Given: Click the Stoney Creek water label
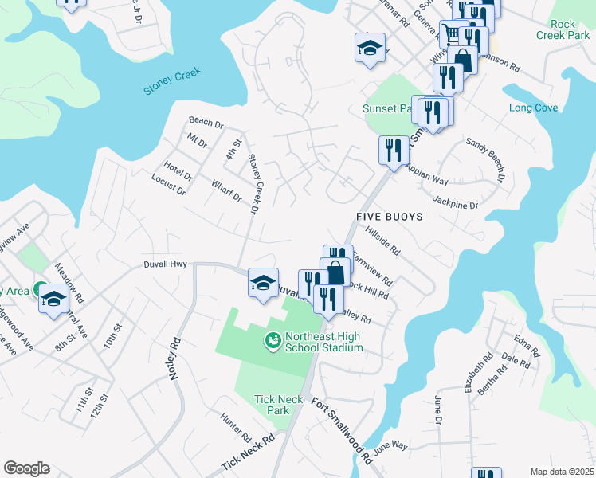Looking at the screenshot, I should click(173, 81).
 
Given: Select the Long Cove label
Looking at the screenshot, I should click(533, 108).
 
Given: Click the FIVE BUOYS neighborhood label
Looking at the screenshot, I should click(394, 216).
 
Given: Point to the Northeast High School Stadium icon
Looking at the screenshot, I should click(273, 341).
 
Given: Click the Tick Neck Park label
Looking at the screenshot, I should click(272, 405).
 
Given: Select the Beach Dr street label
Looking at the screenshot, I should click(206, 123).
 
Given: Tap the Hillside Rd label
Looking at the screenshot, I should click(382, 239).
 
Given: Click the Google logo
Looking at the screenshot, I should click(26, 468).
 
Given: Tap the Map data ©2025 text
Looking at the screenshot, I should click(561, 472).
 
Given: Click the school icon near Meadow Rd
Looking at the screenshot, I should click(53, 298).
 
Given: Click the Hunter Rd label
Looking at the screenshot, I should click(236, 427).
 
